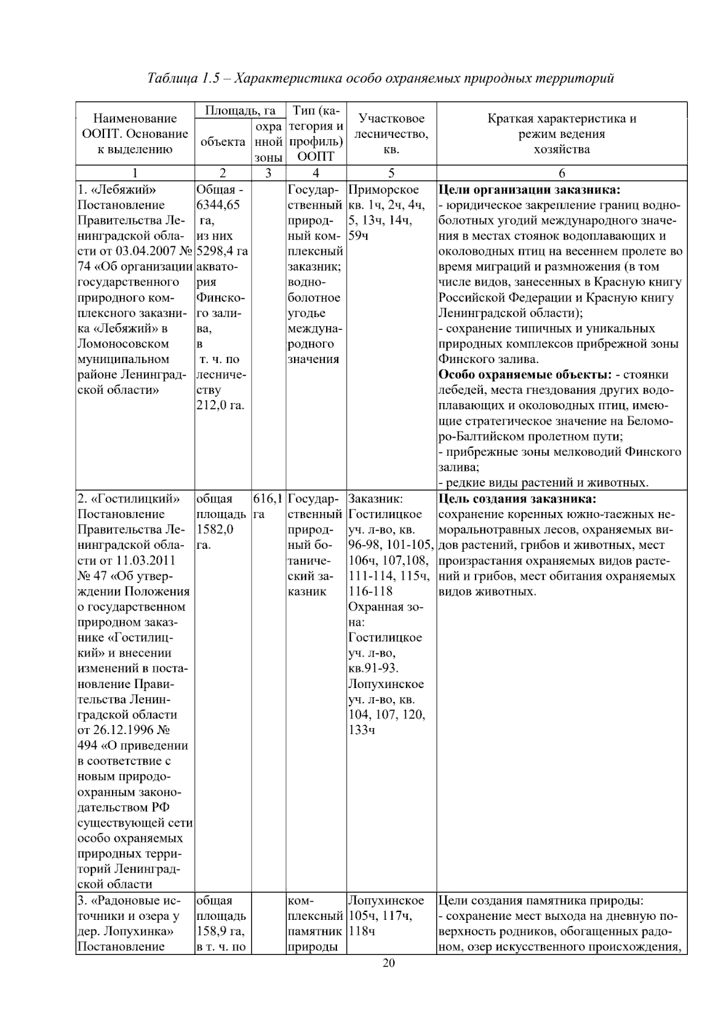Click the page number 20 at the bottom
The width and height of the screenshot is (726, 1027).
pyautogui.click(x=388, y=963)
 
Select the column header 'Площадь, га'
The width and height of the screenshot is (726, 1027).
pyautogui.click(x=240, y=111)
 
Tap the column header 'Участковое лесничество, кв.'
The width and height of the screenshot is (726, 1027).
pyautogui.click(x=391, y=134)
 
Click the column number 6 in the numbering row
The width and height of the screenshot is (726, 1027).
pyautogui.click(x=561, y=173)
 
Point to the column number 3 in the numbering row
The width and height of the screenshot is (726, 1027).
pyautogui.click(x=268, y=173)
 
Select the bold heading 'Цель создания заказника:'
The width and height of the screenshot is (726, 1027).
pyautogui.click(x=517, y=499)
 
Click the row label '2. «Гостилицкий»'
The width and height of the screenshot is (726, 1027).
pyautogui.click(x=129, y=499)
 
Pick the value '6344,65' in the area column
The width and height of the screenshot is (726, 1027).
pyautogui.click(x=218, y=205)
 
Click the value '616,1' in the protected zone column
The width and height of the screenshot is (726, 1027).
pyautogui.click(x=268, y=499)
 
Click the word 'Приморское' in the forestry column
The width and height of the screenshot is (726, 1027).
pyautogui.click(x=384, y=189)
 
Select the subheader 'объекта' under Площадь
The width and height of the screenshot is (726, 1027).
pyautogui.click(x=223, y=142)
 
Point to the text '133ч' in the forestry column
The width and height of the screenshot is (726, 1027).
pyautogui.click(x=362, y=730)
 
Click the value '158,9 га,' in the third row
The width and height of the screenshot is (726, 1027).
pyautogui.click(x=220, y=931)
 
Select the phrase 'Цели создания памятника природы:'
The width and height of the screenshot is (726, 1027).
pyautogui.click(x=540, y=901)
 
